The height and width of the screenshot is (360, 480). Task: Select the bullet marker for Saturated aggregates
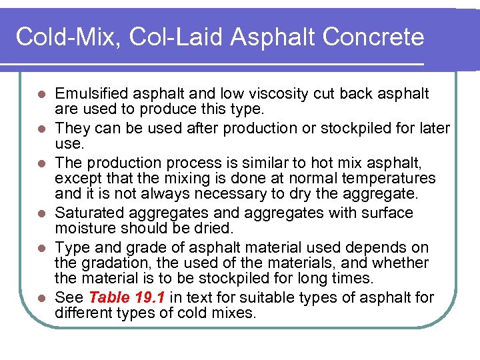coord(41,214)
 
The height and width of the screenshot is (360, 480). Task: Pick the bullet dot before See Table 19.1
coord(41,298)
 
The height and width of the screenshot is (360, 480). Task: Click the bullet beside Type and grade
coord(41,247)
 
